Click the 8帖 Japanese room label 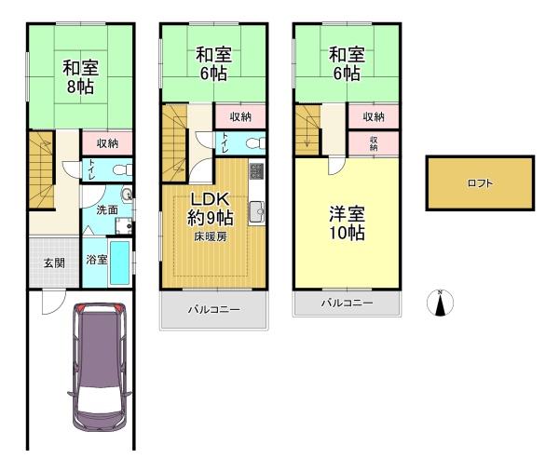point(80,76)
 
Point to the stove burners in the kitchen point(256,171)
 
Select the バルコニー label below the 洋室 point(347,303)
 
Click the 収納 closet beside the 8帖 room point(107,142)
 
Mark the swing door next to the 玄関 point(54,301)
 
